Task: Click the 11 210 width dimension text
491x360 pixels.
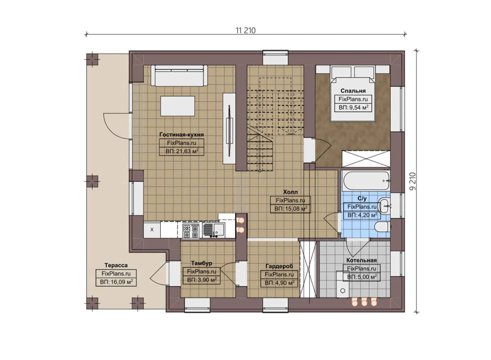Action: [245, 30]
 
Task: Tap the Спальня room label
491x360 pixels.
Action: [353, 91]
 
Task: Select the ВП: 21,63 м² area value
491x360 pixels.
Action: [182, 151]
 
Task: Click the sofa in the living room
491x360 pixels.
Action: [179, 75]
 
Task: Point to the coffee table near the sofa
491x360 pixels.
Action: [178, 106]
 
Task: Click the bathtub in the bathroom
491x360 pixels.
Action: [366, 181]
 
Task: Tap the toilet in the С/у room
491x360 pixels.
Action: [382, 228]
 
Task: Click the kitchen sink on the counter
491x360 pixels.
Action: [214, 230]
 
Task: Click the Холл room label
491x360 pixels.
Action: [290, 192]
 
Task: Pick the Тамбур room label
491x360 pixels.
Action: [201, 263]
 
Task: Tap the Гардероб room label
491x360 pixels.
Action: [279, 266]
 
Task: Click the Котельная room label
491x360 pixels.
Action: [361, 260]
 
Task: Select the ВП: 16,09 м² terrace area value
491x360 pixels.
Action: [116, 282]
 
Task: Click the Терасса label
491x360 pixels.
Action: [116, 265]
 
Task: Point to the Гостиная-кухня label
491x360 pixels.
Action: [181, 135]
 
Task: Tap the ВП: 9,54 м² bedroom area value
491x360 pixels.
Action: [353, 108]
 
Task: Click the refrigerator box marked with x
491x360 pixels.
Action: [152, 230]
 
